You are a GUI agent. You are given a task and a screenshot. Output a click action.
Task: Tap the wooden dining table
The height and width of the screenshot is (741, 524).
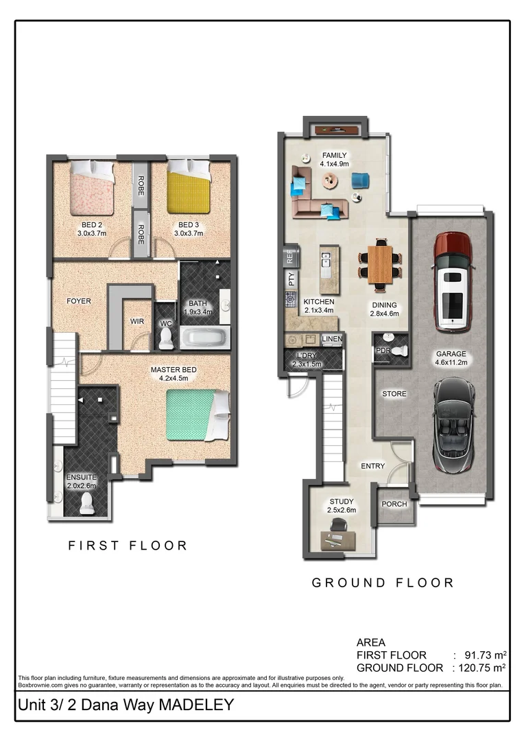click(x=380, y=265)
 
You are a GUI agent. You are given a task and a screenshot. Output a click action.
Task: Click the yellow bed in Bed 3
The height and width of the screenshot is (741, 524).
click(x=188, y=187)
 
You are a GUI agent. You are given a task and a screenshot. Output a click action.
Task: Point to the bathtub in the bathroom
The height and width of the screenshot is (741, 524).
click(x=204, y=338)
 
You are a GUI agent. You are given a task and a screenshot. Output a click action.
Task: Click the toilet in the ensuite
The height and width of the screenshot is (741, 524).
click(x=87, y=504)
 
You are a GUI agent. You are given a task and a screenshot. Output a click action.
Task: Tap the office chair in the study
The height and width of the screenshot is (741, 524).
click(x=338, y=525)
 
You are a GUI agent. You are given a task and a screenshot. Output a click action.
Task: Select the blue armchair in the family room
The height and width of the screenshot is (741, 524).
click(x=360, y=180)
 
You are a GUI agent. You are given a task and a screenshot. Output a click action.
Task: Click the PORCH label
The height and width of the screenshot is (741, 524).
click(x=394, y=504)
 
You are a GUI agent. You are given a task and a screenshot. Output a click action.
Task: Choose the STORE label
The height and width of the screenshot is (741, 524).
click(x=394, y=394)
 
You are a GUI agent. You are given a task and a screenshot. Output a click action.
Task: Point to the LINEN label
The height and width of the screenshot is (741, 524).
click(x=332, y=339)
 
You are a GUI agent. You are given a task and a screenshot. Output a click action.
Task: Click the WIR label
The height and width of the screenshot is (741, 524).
click(x=137, y=321)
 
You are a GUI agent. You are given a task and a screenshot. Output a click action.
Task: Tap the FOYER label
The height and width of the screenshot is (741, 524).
click(x=78, y=301)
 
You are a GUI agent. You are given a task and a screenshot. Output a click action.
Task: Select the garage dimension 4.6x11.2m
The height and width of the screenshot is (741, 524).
click(x=451, y=362)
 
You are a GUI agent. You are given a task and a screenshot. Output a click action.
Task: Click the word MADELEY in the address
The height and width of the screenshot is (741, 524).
click(x=196, y=705)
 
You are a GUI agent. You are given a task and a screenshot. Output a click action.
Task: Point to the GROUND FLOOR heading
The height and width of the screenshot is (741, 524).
click(x=383, y=583)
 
